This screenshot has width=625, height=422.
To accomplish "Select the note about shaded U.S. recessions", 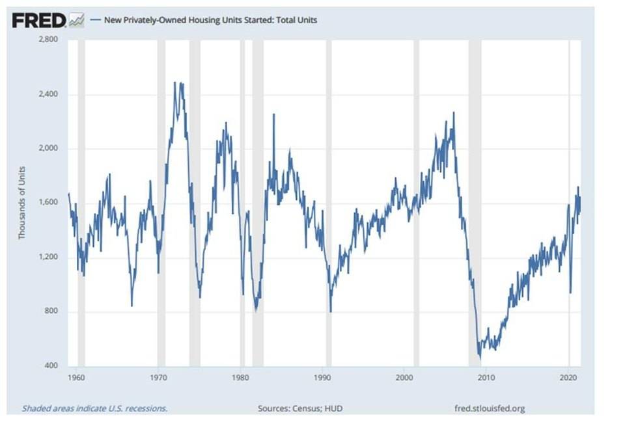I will coord(94,408).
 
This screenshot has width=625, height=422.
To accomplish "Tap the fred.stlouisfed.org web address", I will coord(489,408).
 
